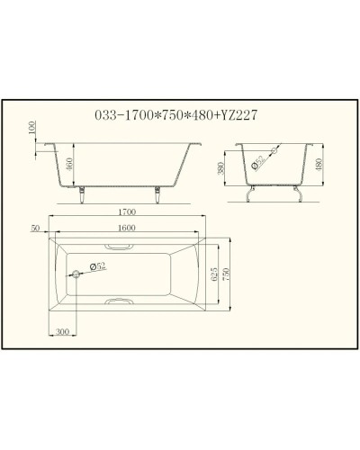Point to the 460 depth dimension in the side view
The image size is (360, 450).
point(70,166)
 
